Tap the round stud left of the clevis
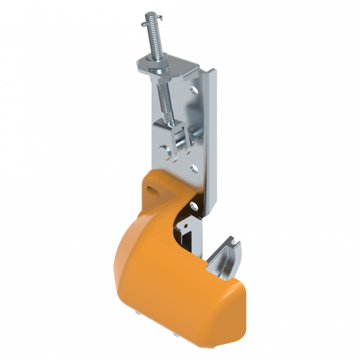165,150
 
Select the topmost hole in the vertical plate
194,88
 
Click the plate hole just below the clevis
193,168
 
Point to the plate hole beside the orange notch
194,206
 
